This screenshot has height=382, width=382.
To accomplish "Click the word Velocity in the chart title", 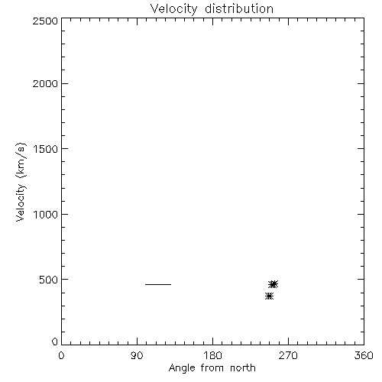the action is point(173,9).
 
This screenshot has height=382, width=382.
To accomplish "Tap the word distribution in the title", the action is point(239,8).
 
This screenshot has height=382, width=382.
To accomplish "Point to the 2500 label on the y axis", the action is point(45,21).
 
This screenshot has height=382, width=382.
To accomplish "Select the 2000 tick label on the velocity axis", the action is point(45,83).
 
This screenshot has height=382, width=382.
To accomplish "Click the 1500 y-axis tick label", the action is point(46,149).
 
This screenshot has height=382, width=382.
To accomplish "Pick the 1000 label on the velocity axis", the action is point(46,215).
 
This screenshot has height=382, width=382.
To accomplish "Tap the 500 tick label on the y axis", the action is point(49,280).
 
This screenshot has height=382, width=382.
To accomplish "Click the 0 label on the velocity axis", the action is point(55,342).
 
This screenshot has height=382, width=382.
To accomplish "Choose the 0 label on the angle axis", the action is point(61,355).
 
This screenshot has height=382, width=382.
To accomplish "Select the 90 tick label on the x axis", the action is point(137,355).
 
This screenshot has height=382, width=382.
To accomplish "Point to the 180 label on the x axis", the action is point(212,355).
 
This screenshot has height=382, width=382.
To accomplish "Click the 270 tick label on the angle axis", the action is point(288,355).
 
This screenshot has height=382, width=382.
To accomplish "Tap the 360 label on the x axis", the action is point(364,355).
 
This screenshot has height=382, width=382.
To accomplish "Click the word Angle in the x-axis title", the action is point(182,368).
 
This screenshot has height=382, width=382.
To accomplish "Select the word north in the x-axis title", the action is point(243,368).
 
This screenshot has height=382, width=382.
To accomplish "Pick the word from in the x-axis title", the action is point(212,368).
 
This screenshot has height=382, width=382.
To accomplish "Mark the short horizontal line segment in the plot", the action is point(158,284).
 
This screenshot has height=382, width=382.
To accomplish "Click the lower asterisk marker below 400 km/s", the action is point(269,296).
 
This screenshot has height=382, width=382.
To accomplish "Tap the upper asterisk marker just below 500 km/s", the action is point(274,284).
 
